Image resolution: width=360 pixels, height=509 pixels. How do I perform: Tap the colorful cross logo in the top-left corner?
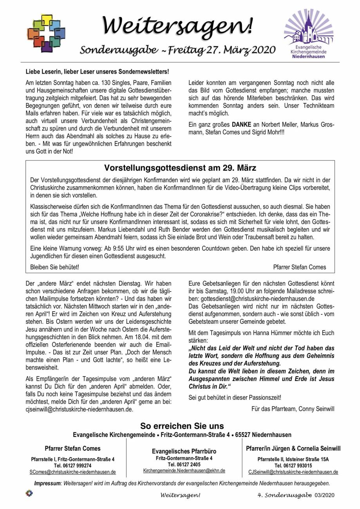coord(46,33)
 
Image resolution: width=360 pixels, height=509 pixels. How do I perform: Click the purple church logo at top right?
coord(309,33)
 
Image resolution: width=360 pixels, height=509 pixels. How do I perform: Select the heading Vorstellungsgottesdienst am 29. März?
coord(180,168)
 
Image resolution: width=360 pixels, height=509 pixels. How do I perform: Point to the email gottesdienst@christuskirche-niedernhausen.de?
coord(258,298)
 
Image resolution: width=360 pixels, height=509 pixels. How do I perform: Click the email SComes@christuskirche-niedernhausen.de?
coord(72,472)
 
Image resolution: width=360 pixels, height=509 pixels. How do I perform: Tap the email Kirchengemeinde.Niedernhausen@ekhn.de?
coord(184,471)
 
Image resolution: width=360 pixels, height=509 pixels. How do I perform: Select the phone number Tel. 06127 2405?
coord(184,464)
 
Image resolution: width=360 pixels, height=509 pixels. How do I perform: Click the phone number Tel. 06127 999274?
coord(72,466)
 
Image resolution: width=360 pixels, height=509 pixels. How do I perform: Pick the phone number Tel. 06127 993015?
coord(293,466)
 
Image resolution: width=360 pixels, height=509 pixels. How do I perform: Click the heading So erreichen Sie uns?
coord(182,426)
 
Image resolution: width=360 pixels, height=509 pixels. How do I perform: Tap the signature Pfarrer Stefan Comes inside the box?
coord(299,267)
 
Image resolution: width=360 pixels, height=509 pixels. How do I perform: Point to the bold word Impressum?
coord(47,483)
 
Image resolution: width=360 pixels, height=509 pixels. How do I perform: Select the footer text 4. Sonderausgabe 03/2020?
coord(296,495)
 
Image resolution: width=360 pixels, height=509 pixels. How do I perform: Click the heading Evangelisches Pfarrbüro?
coord(184,451)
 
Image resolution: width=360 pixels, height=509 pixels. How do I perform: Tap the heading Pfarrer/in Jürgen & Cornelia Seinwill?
coord(293,448)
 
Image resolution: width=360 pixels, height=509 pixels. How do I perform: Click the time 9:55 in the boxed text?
coord(113,249)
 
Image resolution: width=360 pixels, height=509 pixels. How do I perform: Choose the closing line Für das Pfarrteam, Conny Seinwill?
coord(293,409)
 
